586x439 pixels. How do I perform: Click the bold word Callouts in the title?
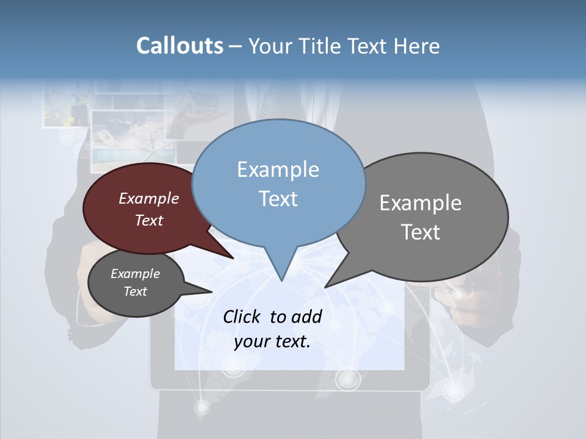pos(179,46)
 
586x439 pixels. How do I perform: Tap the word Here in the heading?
pos(418,46)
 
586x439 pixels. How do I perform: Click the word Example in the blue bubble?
pos(278,170)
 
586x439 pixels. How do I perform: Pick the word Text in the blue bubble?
pos(278,199)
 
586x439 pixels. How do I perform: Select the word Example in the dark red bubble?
pos(148,198)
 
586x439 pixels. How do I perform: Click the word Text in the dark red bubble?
pos(148,220)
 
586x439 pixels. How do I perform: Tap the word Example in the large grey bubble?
pos(420,203)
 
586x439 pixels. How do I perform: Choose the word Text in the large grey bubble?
pos(420,232)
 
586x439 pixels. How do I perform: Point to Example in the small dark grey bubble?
pos(135,274)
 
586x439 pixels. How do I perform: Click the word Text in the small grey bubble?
pos(135,291)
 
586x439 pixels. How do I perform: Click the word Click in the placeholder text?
pos(242,316)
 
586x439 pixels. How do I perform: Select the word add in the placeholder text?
pos(306,316)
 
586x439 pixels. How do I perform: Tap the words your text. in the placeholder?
pos(272,341)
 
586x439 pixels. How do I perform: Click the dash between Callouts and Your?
pos(236,46)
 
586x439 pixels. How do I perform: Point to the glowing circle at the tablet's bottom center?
pos(348,379)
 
